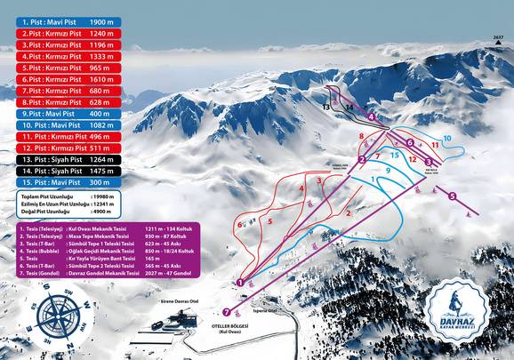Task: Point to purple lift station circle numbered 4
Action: (x=371, y=116)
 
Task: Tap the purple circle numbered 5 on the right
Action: (x=452, y=196)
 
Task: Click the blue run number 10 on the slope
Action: (x=447, y=138)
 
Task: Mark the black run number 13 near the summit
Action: (x=326, y=107)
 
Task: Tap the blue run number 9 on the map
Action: (x=388, y=169)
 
